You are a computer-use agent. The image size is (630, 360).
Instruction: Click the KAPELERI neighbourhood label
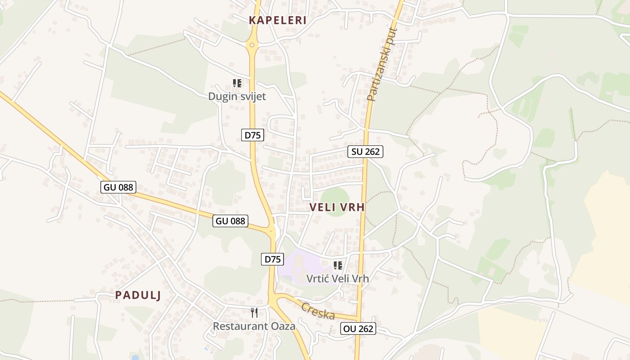278,20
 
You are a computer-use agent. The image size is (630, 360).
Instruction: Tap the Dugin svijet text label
237,96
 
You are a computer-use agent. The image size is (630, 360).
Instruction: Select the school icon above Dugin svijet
237,83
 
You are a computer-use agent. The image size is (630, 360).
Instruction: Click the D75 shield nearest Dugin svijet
252,135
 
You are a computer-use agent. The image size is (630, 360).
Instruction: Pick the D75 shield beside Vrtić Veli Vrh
273,259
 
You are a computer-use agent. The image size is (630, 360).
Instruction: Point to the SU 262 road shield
365,152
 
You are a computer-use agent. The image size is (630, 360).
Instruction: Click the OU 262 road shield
358,328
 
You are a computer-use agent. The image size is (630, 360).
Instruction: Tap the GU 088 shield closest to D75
230,220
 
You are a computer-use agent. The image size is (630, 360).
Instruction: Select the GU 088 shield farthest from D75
118,187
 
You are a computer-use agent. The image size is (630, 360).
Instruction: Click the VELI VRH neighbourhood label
337,207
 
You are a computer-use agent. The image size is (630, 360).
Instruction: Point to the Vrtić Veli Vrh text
337,279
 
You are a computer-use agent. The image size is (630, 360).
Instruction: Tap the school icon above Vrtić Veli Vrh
338,265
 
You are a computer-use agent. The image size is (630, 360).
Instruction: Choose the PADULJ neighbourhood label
138,295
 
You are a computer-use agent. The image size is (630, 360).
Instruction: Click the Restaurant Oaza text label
254,326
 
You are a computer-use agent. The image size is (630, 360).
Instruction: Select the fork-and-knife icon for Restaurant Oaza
254,312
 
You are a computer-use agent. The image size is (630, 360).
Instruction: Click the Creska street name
318,311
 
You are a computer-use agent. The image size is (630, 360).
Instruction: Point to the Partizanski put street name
382,64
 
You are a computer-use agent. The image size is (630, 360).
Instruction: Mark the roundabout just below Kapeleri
252,45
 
